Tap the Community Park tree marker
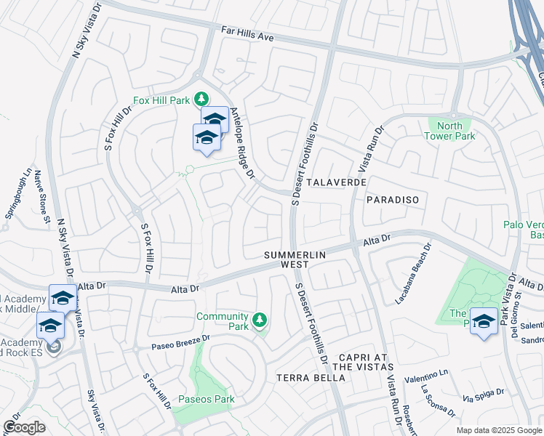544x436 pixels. click(258, 320)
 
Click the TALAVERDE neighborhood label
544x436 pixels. click(336, 182)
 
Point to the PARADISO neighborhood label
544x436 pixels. click(393, 199)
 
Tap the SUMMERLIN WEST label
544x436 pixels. click(296, 259)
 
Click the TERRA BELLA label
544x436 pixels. click(304, 378)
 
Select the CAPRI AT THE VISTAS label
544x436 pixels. click(366, 363)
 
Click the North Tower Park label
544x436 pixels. click(449, 131)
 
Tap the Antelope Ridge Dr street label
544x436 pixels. click(242, 144)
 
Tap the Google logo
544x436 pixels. click(24, 427)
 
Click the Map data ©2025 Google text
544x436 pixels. click(498, 430)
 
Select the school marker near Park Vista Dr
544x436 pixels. click(484, 320)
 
